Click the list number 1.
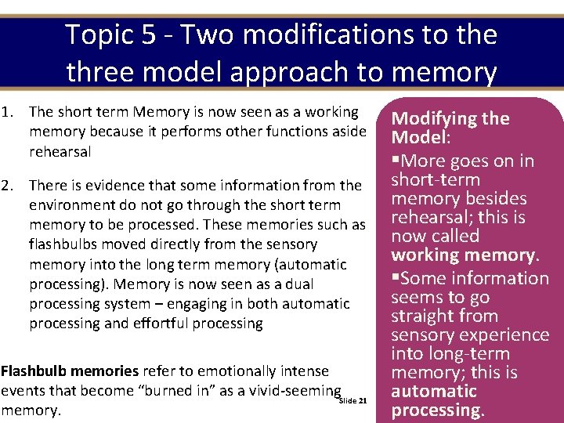[x=8, y=113]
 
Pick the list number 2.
[x=8, y=186]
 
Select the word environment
[x=71, y=205]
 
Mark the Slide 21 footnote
[x=352, y=401]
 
